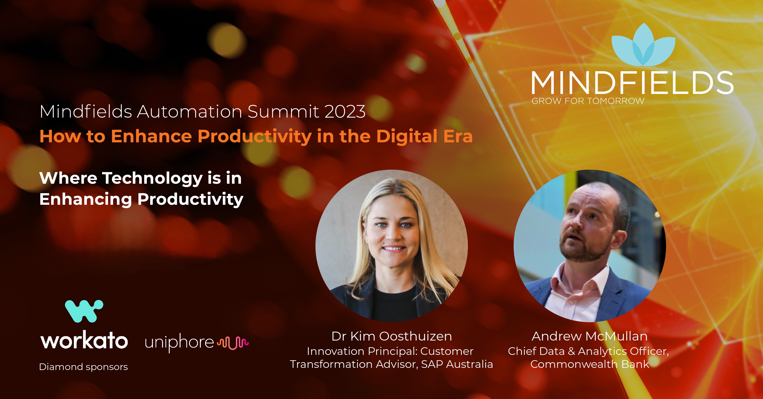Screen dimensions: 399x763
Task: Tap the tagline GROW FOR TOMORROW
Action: pos(588,101)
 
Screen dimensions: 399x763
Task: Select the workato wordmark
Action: pos(84,341)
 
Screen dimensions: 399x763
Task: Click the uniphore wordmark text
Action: pos(179,343)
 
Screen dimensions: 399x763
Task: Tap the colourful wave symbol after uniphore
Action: pos(233,343)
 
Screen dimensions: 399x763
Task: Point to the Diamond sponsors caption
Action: pos(83,367)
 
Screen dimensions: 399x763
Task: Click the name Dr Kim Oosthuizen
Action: pos(392,336)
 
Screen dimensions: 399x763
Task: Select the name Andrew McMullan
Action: pos(589,336)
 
